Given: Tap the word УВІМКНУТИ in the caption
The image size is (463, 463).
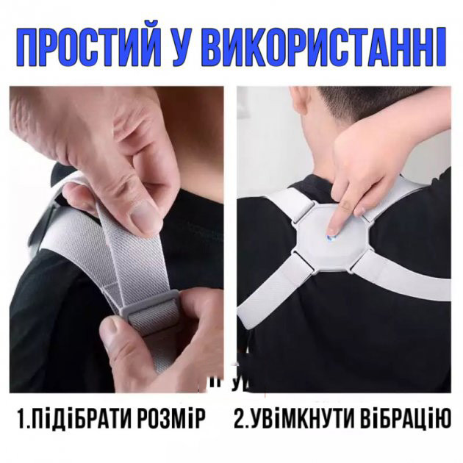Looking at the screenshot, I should [305, 420].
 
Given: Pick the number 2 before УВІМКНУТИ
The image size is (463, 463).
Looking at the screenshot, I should [240, 420].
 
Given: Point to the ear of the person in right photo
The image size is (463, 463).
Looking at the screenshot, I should [301, 102].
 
